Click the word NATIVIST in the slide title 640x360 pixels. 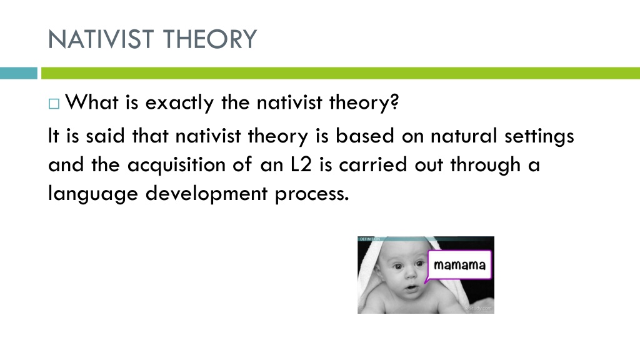point(101,39)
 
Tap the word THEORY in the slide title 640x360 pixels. point(210,39)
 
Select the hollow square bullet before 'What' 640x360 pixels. point(54,104)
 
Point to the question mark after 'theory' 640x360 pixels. point(394,101)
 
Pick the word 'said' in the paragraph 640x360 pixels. point(105,136)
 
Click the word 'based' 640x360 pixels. point(365,136)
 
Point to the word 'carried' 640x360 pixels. point(373,164)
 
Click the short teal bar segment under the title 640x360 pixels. point(18,73)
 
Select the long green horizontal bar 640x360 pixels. point(341,73)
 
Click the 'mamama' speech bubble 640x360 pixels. point(459,265)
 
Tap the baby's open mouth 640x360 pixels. point(411,288)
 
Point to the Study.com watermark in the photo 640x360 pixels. point(478,309)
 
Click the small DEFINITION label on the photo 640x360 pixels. point(370,239)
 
